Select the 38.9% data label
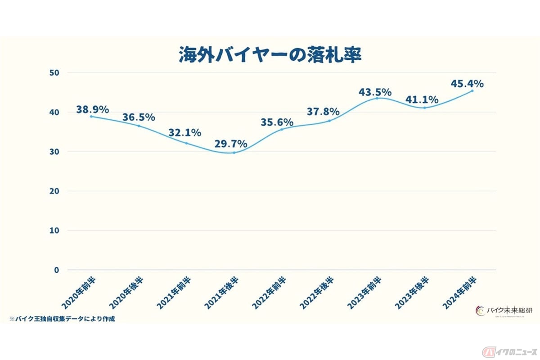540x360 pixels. (93, 109)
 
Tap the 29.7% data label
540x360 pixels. (231, 144)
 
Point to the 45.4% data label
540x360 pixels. (467, 83)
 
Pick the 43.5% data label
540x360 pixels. (375, 92)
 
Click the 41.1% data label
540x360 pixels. (422, 100)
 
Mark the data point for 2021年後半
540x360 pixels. (234, 153)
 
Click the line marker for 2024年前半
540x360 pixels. (472, 90)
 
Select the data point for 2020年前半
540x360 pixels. (91, 116)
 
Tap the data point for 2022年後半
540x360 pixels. (329, 121)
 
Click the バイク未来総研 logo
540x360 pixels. (502, 311)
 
